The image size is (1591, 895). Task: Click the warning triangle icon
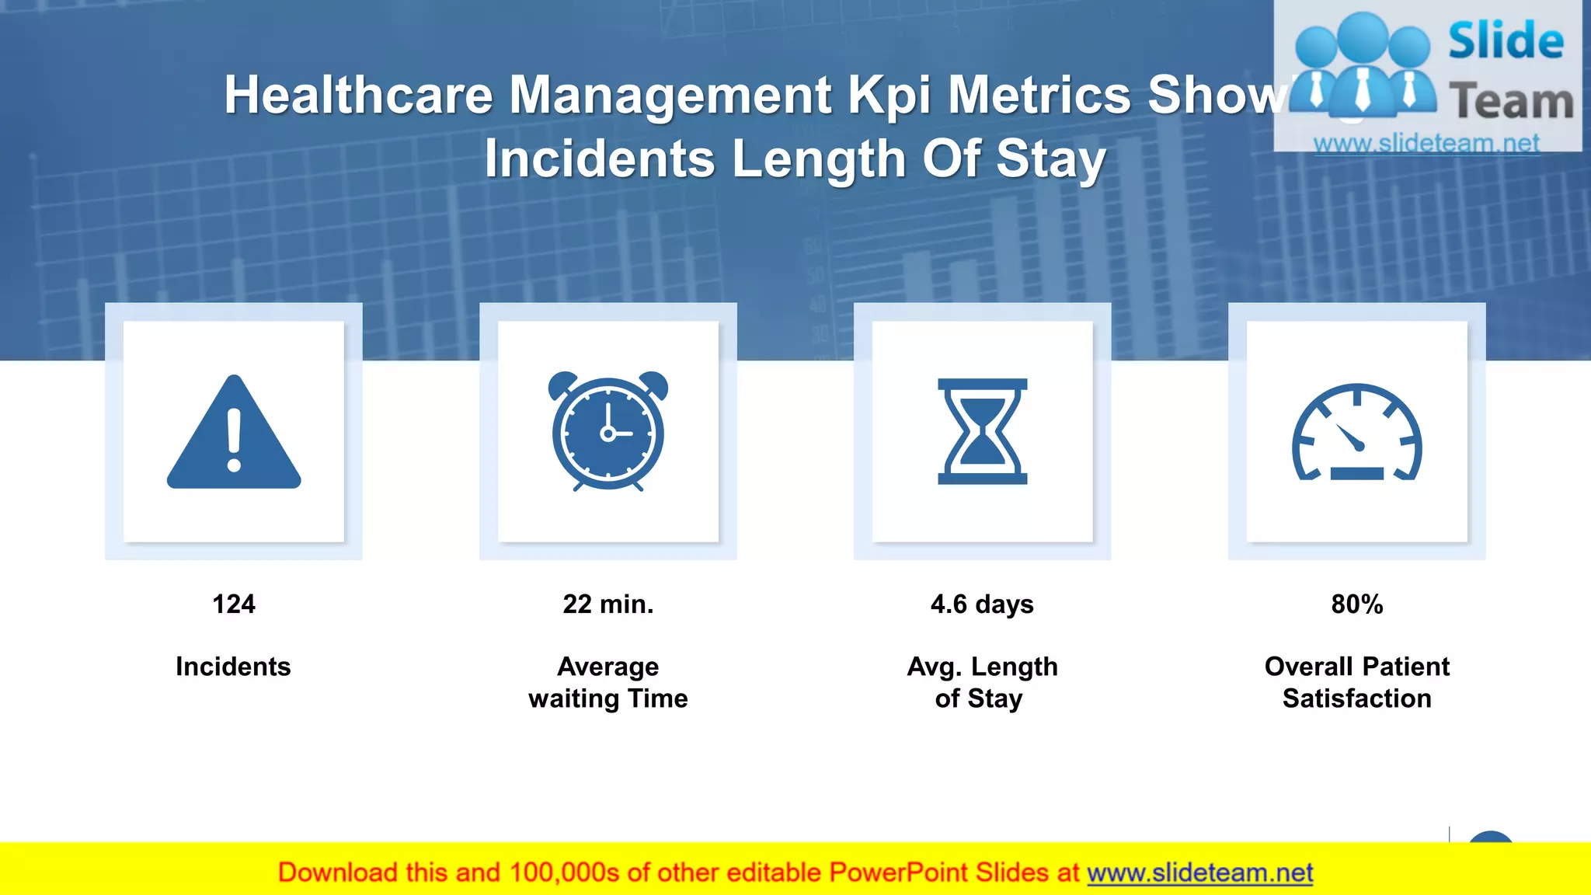(233, 435)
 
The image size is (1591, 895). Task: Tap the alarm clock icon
(608, 432)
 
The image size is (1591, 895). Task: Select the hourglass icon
(982, 432)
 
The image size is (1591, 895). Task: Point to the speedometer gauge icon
(1356, 434)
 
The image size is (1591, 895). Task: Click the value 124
(234, 604)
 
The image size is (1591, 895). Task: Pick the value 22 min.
(608, 604)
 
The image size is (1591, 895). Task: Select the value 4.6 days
(982, 604)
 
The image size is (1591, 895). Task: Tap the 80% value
(1356, 604)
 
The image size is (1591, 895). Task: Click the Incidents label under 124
(233, 667)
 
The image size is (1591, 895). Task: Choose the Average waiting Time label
(608, 682)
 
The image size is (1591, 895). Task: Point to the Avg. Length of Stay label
(982, 682)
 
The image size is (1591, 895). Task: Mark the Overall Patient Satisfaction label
(1356, 682)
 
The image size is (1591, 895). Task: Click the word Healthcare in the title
(358, 95)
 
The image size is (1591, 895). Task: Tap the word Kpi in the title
(889, 96)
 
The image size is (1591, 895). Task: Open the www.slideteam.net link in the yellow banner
(1199, 872)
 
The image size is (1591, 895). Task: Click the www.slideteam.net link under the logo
(1426, 143)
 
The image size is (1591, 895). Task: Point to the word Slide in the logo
(1506, 40)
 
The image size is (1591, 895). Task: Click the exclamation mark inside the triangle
(234, 440)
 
